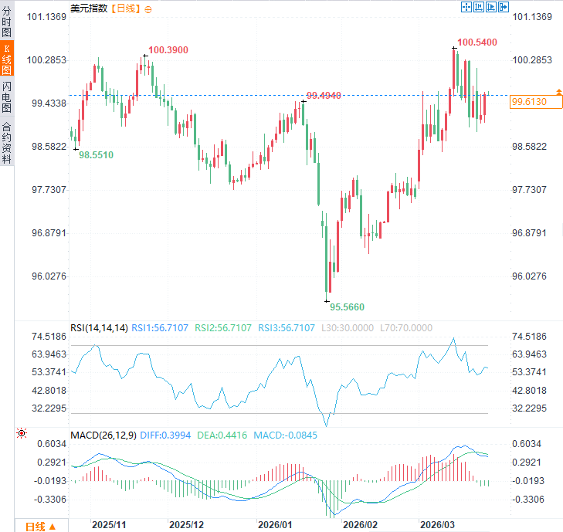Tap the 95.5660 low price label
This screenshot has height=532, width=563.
347,307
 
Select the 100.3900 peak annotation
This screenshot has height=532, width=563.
168,50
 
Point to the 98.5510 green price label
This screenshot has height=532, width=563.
96,155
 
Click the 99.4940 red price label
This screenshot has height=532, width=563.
324,95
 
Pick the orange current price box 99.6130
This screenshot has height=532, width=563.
529,102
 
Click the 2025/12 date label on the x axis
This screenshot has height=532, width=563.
186,524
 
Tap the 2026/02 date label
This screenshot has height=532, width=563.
359,524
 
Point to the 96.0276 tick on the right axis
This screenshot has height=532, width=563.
529,276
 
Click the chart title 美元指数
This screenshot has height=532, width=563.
89,8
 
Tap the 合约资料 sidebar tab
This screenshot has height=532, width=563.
7,143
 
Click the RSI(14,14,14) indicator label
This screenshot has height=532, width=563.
99,328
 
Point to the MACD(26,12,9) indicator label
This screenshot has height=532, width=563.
103,435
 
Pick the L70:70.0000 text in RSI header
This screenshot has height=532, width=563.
406,328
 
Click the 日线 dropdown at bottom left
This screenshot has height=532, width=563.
39,527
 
